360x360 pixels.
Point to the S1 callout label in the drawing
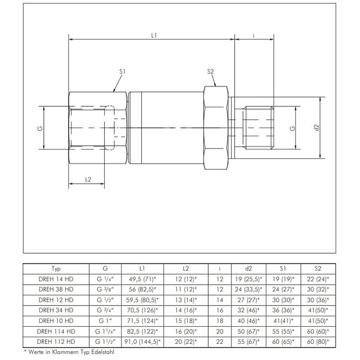click(122, 71)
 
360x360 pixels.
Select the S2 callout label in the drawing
click(210, 71)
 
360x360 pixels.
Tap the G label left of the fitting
click(39, 128)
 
